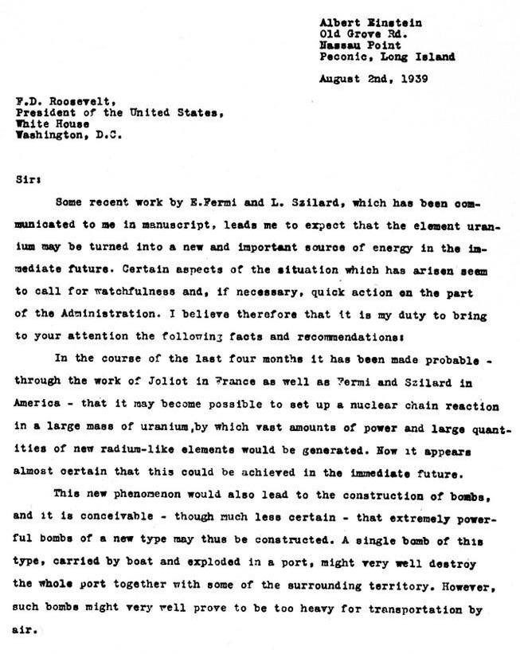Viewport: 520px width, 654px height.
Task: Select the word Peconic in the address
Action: tap(343, 57)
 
